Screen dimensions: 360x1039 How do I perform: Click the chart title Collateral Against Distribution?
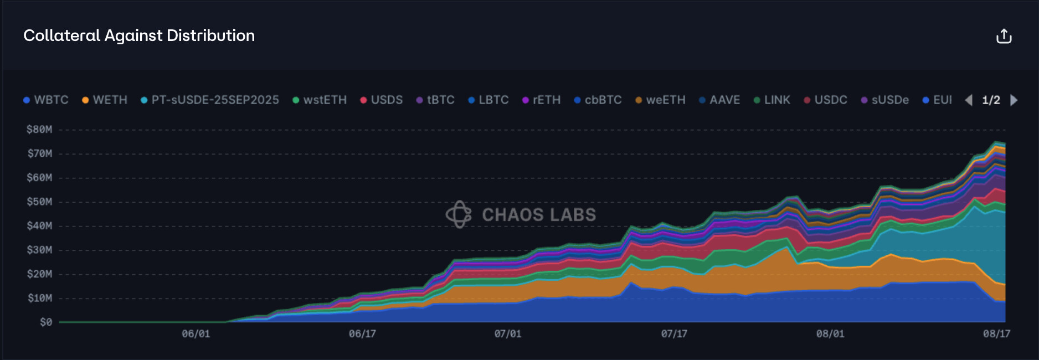click(139, 35)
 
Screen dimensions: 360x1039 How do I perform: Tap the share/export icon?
click(1004, 36)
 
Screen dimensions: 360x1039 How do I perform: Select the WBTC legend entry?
click(47, 100)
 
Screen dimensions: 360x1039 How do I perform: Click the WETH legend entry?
click(105, 100)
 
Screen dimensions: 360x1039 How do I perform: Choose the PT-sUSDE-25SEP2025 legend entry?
click(210, 100)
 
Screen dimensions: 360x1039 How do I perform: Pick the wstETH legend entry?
click(320, 100)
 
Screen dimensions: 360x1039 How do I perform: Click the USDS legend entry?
click(382, 100)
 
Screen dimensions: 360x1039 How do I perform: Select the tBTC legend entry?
click(436, 100)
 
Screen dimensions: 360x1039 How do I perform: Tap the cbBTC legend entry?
click(598, 100)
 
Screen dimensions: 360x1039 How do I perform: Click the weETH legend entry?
click(661, 100)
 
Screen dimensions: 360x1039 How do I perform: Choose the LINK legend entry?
click(773, 100)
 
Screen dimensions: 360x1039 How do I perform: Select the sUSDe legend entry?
click(886, 100)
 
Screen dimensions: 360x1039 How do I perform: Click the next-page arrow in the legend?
click(1014, 100)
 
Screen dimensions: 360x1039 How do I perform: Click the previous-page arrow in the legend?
click(969, 100)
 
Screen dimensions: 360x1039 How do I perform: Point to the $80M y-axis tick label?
click(39, 130)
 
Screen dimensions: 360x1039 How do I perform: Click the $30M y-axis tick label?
click(39, 250)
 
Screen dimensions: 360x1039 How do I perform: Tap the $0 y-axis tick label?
click(46, 322)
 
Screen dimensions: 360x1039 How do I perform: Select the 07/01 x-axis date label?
click(508, 334)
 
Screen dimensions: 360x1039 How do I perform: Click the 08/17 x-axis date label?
click(996, 334)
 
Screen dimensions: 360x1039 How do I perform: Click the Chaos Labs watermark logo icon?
click(459, 214)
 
